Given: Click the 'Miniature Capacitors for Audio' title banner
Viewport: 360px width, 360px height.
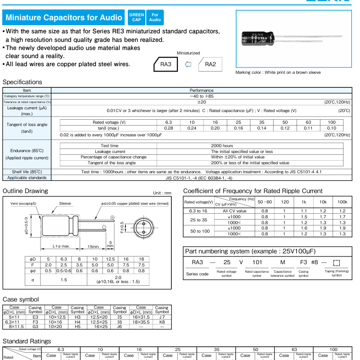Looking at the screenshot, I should tap(63, 18).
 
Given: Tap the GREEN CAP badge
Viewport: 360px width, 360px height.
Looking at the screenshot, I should tap(136, 18).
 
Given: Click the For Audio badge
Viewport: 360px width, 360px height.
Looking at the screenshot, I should tap(155, 18).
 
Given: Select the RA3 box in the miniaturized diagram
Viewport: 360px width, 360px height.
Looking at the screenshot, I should tap(166, 64).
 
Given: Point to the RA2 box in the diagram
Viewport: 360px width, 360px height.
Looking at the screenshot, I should tap(210, 64).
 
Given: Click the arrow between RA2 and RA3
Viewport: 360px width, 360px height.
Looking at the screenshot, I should tap(189, 64).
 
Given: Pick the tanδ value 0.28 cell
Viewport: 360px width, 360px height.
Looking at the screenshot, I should tap(169, 128).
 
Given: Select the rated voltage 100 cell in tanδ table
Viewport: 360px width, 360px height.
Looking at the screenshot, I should tap(331, 122).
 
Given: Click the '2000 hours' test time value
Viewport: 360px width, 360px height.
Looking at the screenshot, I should tap(222, 146).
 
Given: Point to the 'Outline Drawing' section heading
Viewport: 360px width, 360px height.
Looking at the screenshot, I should tap(25, 191).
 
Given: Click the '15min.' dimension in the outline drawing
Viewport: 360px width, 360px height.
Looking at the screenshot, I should tap(93, 246).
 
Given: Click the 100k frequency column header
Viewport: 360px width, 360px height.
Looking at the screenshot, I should tap(342, 202).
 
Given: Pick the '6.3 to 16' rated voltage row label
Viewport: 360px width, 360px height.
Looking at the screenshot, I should tap(199, 211).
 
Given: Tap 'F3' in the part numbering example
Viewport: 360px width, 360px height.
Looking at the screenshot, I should tap(304, 262).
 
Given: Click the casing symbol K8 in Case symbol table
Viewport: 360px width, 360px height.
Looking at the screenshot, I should tap(162, 322).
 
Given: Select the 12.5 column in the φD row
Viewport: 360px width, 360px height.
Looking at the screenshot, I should tap(110, 259).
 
